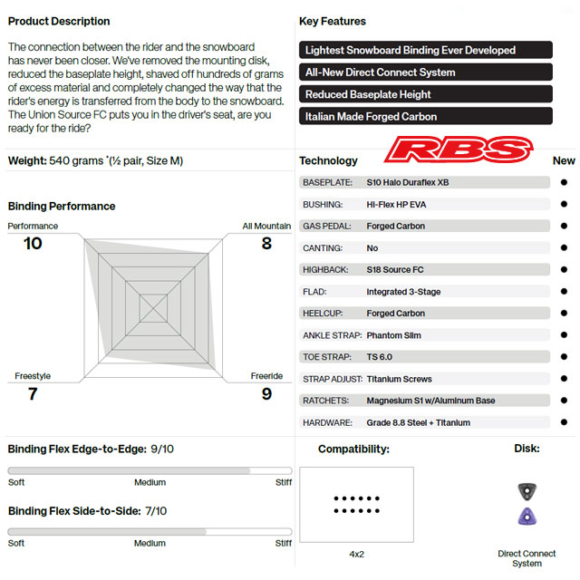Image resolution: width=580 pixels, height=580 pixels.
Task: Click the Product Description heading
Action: (x=59, y=21)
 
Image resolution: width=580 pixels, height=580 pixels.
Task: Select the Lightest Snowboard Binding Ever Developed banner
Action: (x=425, y=51)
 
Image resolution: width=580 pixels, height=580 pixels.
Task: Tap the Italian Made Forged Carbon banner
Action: (x=425, y=117)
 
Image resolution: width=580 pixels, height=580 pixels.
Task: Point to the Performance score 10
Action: (x=33, y=243)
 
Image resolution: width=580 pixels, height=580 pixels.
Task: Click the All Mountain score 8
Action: (x=266, y=243)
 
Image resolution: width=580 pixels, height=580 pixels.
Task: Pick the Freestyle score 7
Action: (x=33, y=393)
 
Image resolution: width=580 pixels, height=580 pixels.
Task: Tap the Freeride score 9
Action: (x=266, y=393)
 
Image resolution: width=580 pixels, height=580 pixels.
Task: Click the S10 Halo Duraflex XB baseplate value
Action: (x=408, y=182)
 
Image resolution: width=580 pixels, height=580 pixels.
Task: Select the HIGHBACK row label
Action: (x=326, y=270)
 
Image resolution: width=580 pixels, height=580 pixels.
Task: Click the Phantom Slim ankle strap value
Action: (x=394, y=335)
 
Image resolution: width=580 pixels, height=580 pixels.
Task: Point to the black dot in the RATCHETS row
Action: (x=564, y=401)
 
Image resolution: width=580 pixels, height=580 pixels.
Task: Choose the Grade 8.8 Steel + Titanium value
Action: (x=419, y=422)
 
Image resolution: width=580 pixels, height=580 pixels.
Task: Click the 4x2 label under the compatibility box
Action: (x=356, y=554)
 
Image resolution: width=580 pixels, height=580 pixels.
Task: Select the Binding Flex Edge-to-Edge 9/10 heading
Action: (x=91, y=449)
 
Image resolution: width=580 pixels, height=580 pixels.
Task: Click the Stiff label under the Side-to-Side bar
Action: (x=283, y=543)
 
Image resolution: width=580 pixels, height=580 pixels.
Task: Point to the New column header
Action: (x=563, y=160)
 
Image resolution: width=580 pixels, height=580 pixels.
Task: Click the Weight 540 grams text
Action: (x=95, y=160)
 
